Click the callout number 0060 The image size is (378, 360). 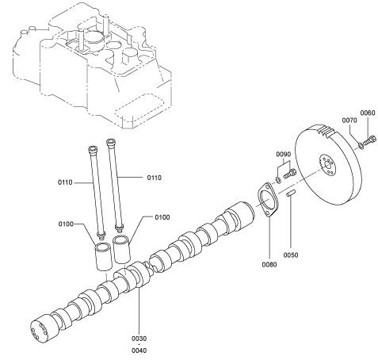pos(368,113)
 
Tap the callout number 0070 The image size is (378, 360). pos(349,121)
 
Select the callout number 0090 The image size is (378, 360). pos(284,154)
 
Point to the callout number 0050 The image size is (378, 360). pos(291,255)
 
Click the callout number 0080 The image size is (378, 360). pos(269,264)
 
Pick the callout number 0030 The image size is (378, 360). pos(139,339)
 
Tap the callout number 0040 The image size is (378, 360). pos(139,350)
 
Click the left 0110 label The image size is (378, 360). pos(65,182)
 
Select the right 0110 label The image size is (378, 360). pos(155,178)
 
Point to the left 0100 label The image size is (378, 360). pos(66,224)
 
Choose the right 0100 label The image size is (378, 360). pos(162,217)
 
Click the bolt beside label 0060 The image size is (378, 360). pos(369,140)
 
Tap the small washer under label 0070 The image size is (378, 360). pos(361,145)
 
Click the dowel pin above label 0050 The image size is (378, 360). pos(291,193)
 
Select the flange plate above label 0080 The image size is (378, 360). pos(268,200)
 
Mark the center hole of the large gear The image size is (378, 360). pos(328,166)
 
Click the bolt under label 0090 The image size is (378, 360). pos(290,174)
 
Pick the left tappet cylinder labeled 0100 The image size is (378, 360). pos(103,256)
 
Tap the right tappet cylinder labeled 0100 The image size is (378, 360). pos(121,250)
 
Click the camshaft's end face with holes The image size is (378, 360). pos(39,331)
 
